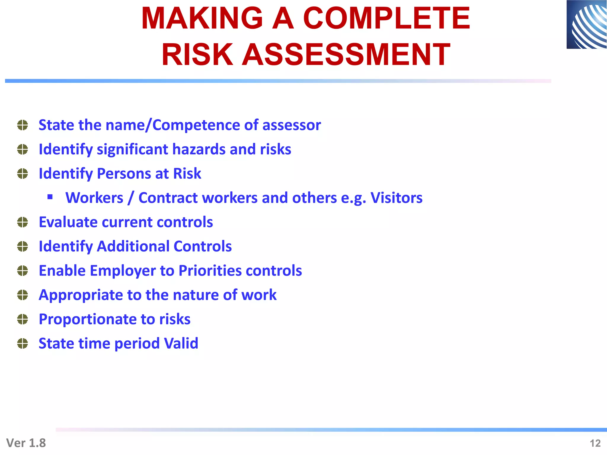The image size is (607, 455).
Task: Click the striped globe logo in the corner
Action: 587,25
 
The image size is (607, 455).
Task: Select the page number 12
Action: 595,443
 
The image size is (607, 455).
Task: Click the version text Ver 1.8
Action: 26,443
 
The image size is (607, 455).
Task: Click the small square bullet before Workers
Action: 50,197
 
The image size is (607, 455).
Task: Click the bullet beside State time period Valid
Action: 23,344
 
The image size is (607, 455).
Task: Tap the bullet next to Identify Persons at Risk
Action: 23,174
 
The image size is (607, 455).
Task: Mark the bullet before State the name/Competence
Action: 23,125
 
